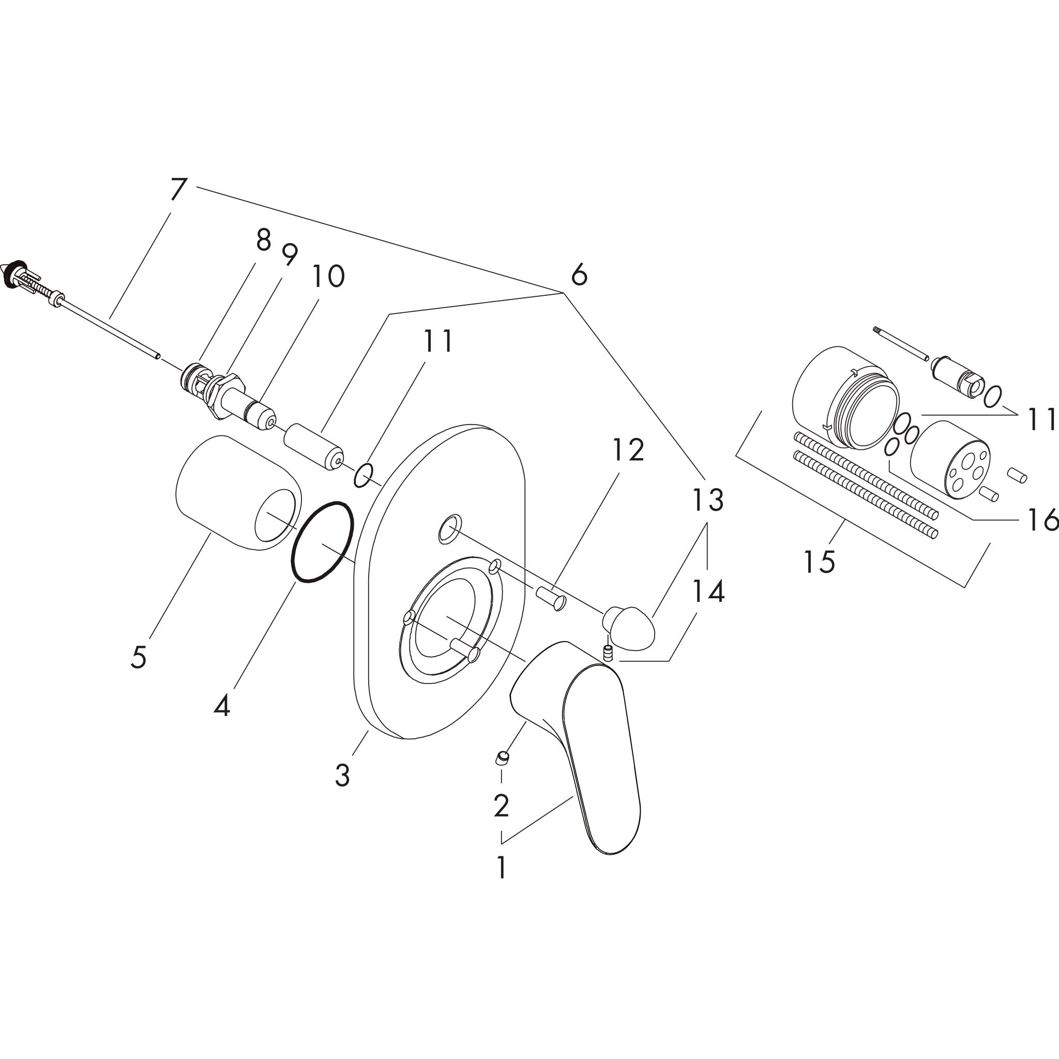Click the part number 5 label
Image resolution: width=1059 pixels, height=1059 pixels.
point(139,657)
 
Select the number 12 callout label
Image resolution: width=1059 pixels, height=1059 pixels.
point(628,450)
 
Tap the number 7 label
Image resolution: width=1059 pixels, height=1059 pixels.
point(179,190)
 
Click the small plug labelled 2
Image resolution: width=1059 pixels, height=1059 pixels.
point(502,759)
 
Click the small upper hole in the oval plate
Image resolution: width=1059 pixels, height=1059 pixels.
point(448,529)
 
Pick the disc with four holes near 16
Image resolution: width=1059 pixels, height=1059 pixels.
point(950,459)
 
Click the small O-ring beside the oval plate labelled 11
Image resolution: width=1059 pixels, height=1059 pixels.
point(364,475)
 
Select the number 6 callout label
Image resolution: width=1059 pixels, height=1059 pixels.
point(579,275)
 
